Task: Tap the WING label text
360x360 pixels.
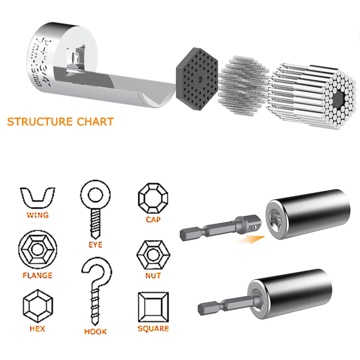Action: (37, 215)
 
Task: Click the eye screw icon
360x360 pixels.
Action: (95, 209)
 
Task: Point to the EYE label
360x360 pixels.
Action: (95, 245)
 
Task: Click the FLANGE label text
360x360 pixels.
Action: (37, 275)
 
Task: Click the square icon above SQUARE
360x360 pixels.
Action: (153, 307)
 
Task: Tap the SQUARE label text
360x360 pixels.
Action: (153, 328)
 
